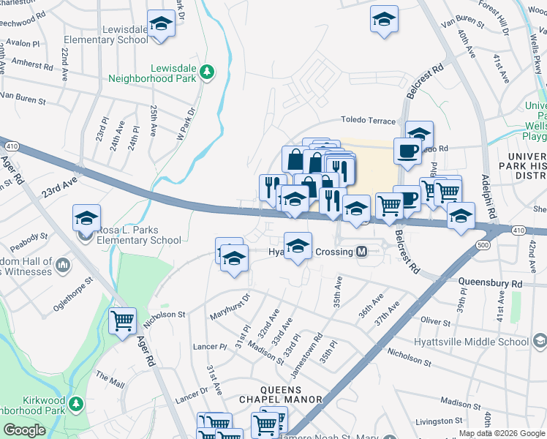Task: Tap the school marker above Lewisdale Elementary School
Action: click(161, 24)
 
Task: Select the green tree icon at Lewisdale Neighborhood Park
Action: click(208, 71)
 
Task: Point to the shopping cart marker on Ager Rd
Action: click(122, 320)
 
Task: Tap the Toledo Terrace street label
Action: click(368, 121)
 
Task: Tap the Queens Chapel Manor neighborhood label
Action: click(281, 394)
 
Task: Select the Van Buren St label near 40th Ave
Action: click(463, 23)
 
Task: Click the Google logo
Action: click(26, 430)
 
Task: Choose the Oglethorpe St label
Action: click(73, 293)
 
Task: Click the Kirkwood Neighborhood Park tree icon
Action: click(75, 402)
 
